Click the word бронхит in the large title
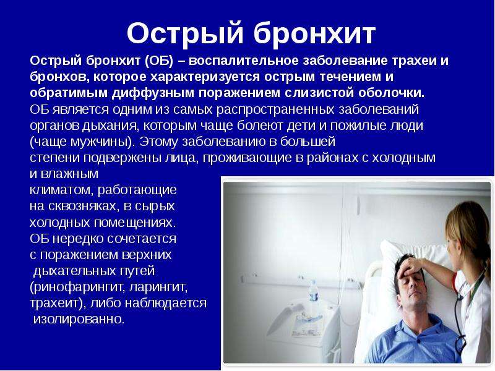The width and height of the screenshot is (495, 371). (x=314, y=33)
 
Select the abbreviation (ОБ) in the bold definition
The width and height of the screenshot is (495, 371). (x=160, y=61)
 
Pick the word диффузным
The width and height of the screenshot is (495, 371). (x=153, y=93)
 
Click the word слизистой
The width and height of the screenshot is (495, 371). (x=319, y=93)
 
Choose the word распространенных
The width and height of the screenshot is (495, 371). (x=275, y=109)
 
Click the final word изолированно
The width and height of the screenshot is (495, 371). (x=79, y=319)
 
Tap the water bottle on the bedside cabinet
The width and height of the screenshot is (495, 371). (x=313, y=292)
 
